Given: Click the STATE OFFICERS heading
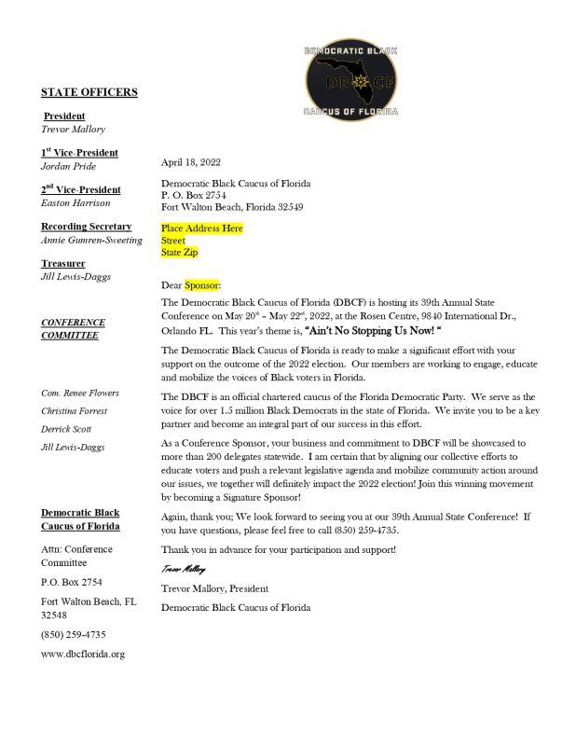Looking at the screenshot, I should pos(89,92).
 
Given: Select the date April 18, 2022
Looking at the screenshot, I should pos(190,162).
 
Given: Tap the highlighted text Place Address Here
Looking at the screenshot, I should pos(201,228).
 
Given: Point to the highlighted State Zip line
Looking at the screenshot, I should pos(180,252).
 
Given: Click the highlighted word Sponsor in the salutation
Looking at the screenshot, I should pos(201,284).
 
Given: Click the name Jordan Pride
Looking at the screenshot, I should pos(68,166).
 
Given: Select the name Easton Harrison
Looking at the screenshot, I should pos(75,202).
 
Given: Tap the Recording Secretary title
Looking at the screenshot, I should pos(86,227).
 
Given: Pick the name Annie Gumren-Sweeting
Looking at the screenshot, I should pos(91,240).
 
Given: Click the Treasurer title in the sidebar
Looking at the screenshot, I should pos(63,264).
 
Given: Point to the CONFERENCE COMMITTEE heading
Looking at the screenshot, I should pos(73,328).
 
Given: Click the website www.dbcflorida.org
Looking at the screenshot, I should pos(82,654).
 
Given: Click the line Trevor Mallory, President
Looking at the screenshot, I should pos(214,588).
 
